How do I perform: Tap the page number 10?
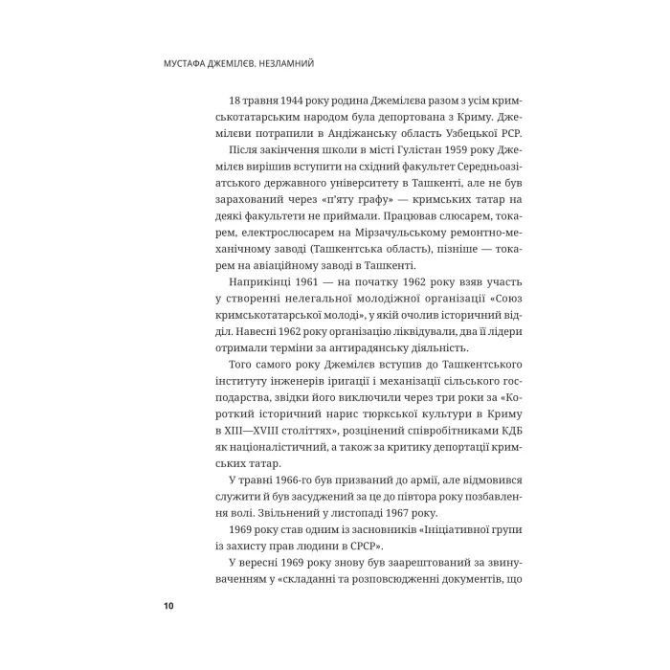pos(168,606)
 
